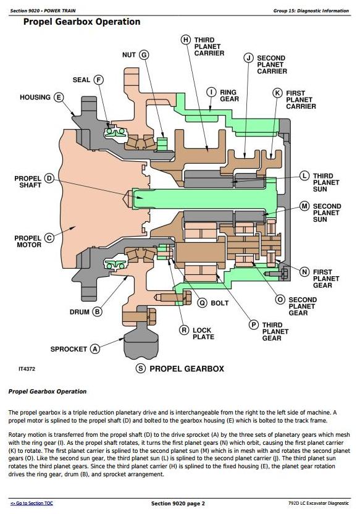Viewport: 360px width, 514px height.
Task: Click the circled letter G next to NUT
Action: coord(144,55)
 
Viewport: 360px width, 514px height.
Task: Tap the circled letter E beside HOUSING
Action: coord(59,98)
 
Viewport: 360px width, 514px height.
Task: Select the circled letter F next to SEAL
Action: coord(98,80)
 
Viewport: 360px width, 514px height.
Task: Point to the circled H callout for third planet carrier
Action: coord(186,40)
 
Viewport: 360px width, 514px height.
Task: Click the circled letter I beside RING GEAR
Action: coord(212,92)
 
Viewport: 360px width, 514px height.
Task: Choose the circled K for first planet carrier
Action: coord(277,93)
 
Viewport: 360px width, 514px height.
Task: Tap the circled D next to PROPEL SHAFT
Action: coord(49,179)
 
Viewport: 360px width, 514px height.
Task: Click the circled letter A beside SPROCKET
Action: coord(95,349)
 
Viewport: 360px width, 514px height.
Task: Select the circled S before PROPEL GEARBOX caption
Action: coord(141,368)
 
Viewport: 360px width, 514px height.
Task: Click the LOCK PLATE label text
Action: coord(203,334)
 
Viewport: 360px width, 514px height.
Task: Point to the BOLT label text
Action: coord(219,303)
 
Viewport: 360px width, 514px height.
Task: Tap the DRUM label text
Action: coord(79,312)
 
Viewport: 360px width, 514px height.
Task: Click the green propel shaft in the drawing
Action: coord(204,198)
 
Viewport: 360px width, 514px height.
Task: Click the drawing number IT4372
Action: coord(27,369)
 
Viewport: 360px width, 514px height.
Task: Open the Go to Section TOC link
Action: coord(31,503)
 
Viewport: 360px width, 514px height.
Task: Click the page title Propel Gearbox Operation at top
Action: coord(82,22)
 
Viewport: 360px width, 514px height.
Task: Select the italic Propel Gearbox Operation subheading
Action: coord(48,392)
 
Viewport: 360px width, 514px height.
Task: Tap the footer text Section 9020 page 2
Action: coord(178,503)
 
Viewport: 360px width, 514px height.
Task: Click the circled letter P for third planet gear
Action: coord(254,325)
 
